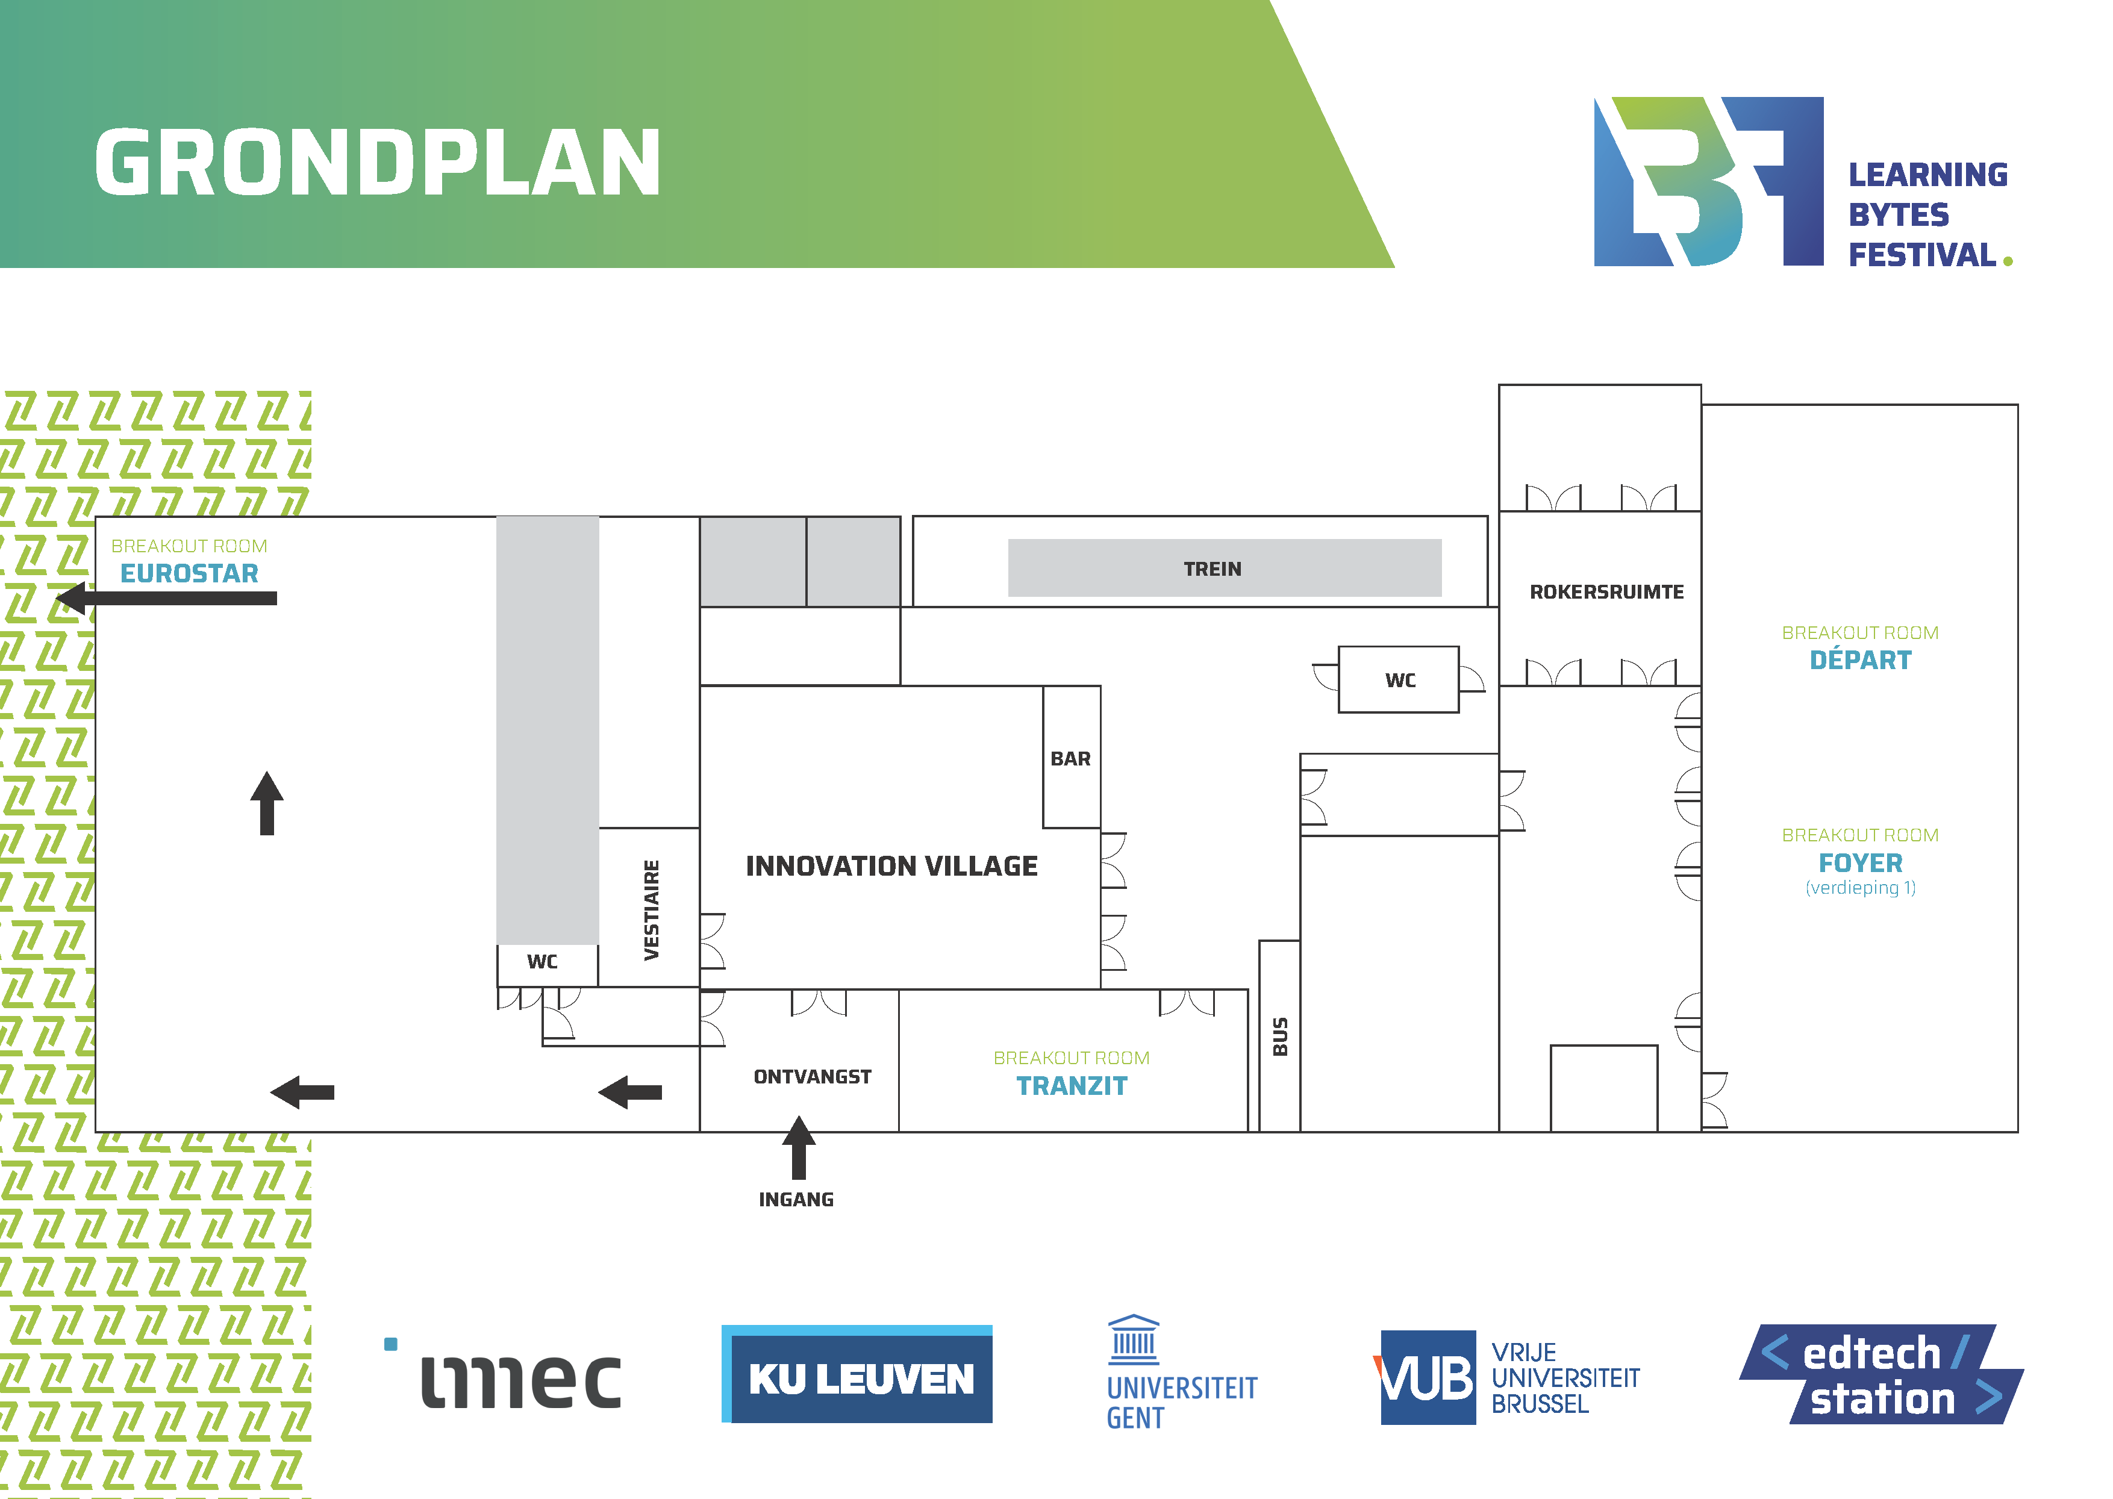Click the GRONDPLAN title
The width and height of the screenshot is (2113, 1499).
(378, 163)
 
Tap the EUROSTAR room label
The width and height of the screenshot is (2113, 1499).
(189, 574)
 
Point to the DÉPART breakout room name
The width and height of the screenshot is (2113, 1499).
(1860, 661)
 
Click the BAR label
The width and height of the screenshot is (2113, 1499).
(1070, 759)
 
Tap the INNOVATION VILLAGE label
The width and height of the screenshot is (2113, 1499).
(891, 867)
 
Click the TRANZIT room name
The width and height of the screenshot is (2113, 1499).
(1072, 1086)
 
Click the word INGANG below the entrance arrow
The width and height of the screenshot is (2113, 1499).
(796, 1200)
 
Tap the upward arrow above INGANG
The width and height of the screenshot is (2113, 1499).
(799, 1147)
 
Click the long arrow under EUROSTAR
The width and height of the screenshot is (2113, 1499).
(167, 598)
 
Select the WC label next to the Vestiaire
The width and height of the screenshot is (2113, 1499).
(542, 962)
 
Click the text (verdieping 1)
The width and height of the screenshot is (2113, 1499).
(1860, 888)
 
